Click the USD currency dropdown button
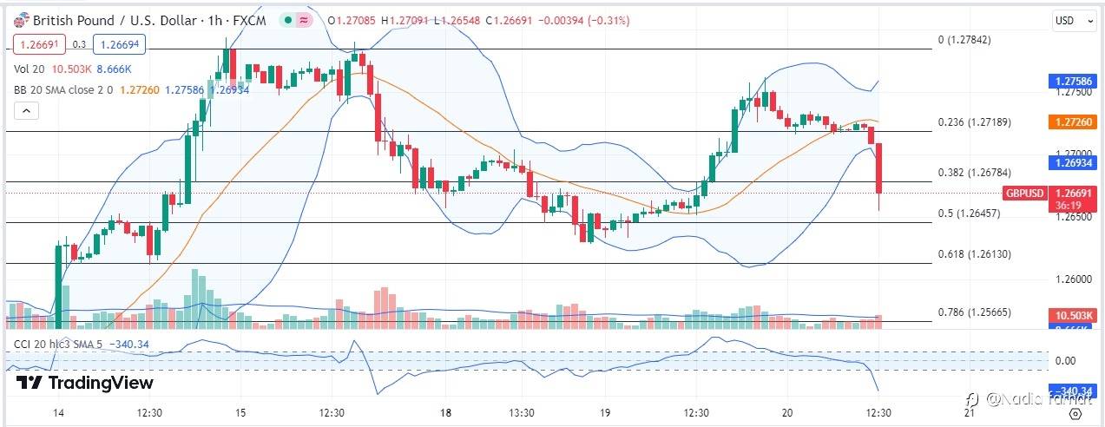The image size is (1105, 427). point(1068,20)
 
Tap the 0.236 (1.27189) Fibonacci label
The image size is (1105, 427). point(975,122)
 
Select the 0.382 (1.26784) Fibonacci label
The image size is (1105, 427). point(975,172)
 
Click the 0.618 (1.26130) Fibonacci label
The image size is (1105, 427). point(975,254)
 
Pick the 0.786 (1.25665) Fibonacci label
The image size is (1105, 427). point(975,312)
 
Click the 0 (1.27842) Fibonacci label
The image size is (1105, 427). point(964,40)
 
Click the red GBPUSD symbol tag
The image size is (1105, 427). point(1025,193)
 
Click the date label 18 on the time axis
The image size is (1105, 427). point(445,412)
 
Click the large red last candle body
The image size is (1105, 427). point(879,168)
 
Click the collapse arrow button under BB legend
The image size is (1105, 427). point(26,110)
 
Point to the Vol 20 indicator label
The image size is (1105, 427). point(30,69)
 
